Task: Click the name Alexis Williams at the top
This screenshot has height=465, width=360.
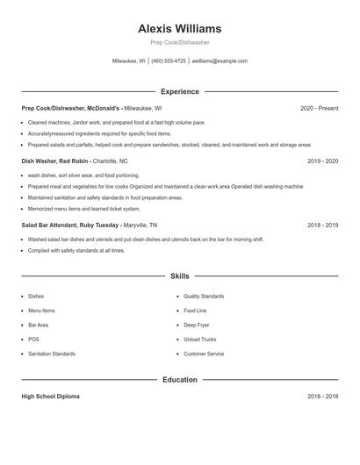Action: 180,29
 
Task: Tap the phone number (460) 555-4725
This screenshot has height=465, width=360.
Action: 169,61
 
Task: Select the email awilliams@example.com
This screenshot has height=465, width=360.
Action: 220,61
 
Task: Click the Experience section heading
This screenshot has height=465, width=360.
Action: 180,91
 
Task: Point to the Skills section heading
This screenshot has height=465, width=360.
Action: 180,276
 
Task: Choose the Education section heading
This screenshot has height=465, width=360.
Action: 180,380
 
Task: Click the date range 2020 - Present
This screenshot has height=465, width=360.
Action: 319,108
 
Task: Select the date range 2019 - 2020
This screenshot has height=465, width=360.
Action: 322,161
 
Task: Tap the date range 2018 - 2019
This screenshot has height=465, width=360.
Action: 322,225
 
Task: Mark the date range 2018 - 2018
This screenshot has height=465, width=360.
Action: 322,397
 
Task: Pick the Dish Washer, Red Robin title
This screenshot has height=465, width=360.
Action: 54,161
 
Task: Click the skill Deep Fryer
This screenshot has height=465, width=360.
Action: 197,325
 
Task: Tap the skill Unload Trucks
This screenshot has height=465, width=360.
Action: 199,340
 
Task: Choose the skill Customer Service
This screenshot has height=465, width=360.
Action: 204,354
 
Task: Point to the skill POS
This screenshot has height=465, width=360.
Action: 33,340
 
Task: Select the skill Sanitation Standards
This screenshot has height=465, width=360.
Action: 52,354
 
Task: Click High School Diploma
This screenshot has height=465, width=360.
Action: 50,397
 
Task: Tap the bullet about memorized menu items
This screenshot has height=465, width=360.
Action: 84,209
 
